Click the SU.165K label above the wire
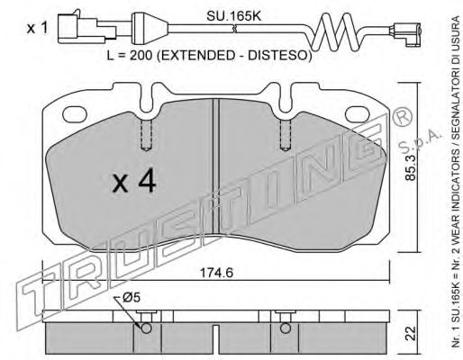tap(233, 16)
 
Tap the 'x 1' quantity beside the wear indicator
tap(37, 29)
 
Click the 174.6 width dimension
tap(216, 273)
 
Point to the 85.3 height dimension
tap(411, 167)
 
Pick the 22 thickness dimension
tap(412, 333)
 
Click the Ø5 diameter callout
tap(132, 298)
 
